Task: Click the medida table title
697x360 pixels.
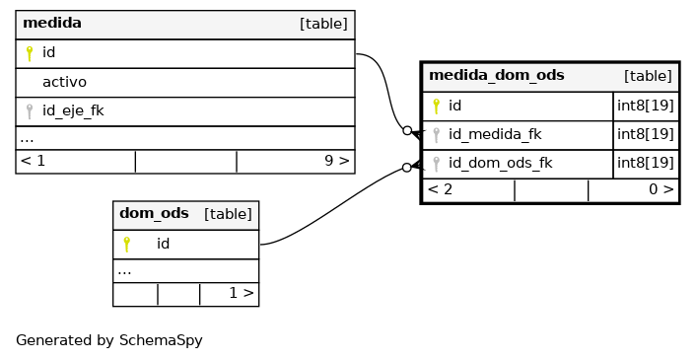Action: click(52, 23)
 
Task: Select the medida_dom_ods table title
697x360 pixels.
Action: click(497, 75)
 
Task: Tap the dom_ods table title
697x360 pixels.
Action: click(154, 213)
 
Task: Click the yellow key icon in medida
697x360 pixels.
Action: click(30, 53)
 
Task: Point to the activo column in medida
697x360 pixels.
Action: click(64, 82)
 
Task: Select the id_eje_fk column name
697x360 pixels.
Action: click(73, 110)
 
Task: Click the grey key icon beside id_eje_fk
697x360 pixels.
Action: click(30, 111)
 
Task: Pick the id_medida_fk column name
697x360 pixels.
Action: click(495, 134)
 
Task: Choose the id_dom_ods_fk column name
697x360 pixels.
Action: click(500, 163)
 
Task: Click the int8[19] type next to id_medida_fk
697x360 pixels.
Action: click(646, 134)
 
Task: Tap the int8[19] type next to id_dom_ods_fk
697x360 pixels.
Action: click(646, 163)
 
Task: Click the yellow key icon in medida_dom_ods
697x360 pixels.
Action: click(436, 107)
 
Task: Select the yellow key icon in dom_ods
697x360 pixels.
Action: click(127, 245)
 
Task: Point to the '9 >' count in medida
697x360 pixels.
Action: click(337, 161)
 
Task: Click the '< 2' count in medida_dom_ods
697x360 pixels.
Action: click(440, 189)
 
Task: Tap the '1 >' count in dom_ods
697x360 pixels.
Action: click(242, 293)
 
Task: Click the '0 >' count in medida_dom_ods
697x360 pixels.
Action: click(662, 189)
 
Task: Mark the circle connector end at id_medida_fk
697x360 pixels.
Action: click(407, 130)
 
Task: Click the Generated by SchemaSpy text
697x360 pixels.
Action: click(109, 340)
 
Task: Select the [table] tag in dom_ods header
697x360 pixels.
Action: click(228, 214)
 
